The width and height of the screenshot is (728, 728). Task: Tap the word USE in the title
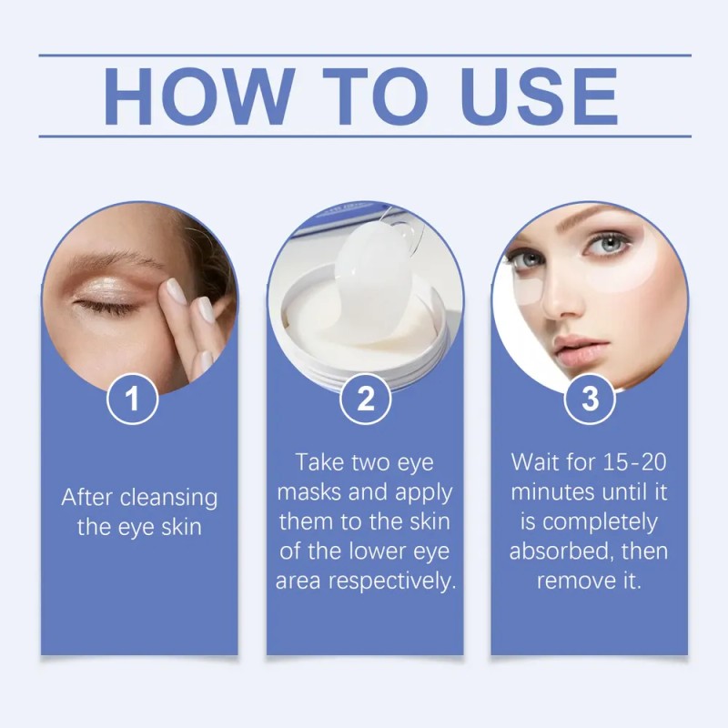(x=540, y=96)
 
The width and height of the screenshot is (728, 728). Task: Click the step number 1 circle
(x=132, y=399)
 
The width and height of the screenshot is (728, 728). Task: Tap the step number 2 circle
(x=365, y=399)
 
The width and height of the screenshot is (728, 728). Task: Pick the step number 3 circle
(x=590, y=399)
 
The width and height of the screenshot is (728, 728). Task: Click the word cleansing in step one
(x=169, y=499)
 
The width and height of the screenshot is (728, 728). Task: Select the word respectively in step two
(x=392, y=581)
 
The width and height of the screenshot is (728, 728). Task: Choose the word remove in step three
(x=571, y=581)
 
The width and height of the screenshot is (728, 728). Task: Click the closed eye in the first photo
(x=106, y=305)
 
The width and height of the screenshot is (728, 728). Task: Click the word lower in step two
(x=378, y=551)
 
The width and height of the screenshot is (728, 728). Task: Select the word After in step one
(x=87, y=497)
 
